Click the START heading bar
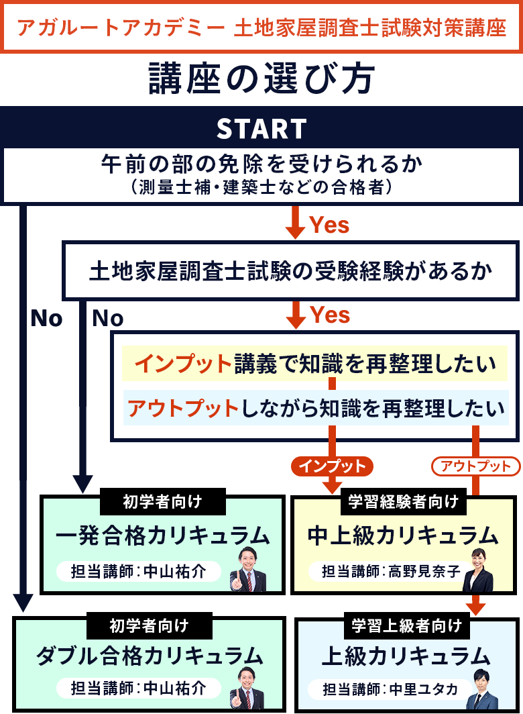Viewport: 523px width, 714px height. pos(261,128)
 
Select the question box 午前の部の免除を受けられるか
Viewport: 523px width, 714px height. pos(261,173)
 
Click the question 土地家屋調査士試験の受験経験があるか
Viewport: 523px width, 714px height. pos(290,271)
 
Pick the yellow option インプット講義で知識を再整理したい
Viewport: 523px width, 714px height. pos(315,364)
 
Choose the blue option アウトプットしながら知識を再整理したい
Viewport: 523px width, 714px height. pos(315,407)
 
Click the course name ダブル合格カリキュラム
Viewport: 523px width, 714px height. pos(149,655)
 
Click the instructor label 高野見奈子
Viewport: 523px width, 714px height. pos(385,571)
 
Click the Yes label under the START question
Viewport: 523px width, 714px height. pos(329,225)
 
